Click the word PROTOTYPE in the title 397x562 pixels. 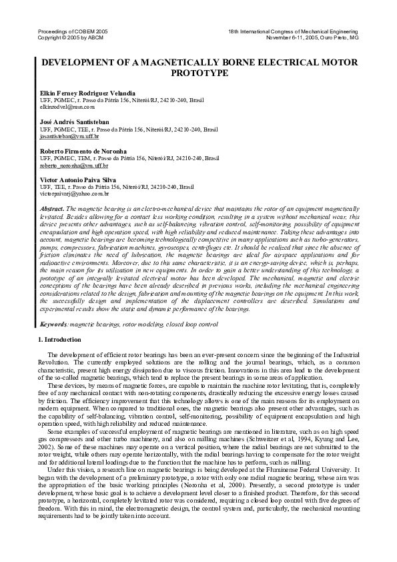200,73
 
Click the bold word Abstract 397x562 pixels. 52,209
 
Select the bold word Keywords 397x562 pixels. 53,324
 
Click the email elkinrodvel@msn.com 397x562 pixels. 67,106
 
